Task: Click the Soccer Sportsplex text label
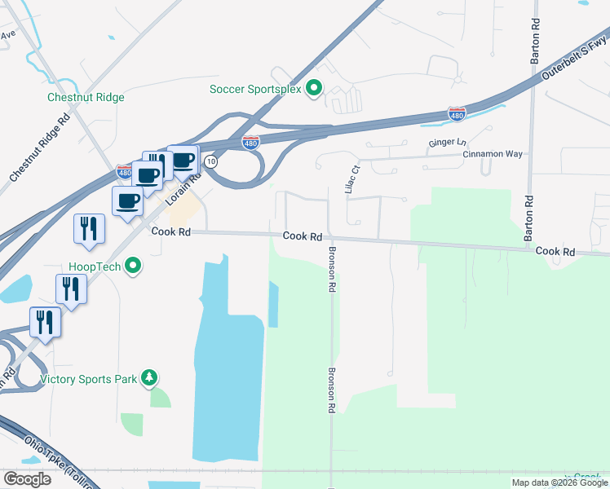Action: (x=255, y=89)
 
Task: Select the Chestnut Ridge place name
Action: (x=86, y=98)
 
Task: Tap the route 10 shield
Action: (x=210, y=161)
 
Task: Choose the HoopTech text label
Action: (x=95, y=267)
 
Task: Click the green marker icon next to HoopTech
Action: (x=135, y=267)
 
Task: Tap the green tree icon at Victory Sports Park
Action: (x=148, y=377)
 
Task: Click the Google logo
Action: (x=27, y=479)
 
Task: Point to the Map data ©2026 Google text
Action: (x=559, y=482)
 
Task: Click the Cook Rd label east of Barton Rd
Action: (x=555, y=252)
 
